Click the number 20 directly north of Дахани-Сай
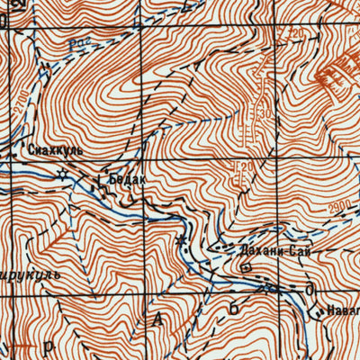241,167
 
